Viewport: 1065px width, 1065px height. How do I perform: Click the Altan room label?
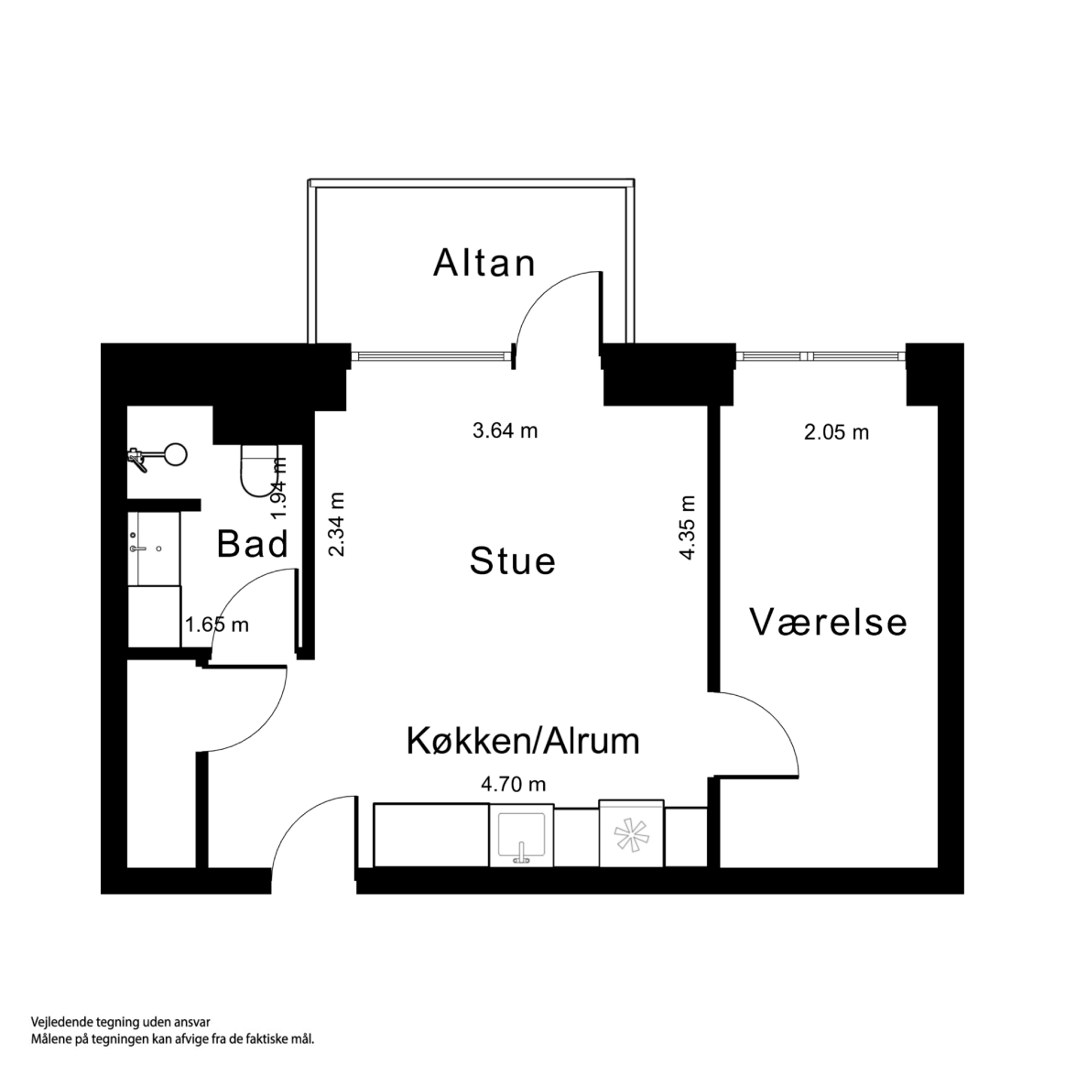484,264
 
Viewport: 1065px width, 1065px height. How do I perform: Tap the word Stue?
512,560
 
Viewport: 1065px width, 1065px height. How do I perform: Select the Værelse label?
829,622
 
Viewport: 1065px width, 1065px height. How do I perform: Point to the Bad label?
253,544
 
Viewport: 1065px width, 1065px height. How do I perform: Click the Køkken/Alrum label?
522,741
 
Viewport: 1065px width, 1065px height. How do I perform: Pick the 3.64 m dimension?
505,430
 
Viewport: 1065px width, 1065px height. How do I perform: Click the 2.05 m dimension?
836,432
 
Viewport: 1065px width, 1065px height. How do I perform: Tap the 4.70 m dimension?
513,784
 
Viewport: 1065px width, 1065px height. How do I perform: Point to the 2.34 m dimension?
337,525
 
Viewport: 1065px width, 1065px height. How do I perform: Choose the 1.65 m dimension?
217,625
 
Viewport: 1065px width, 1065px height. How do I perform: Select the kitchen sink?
521,836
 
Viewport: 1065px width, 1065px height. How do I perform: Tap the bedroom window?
820,355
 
